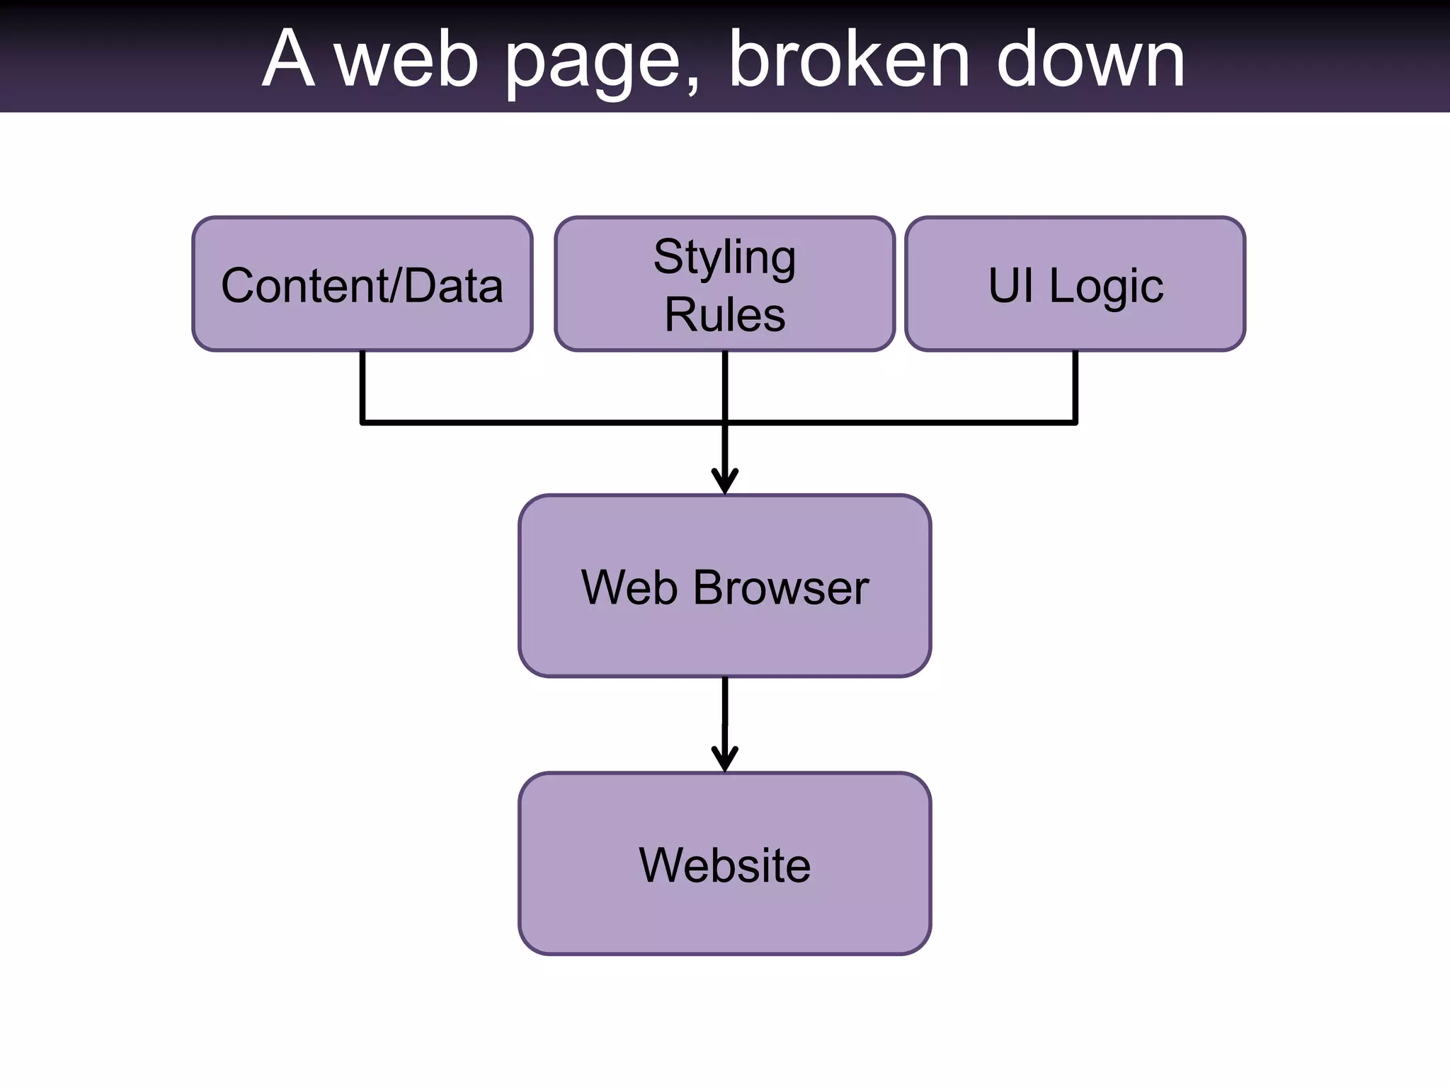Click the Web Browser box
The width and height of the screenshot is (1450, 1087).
click(724, 586)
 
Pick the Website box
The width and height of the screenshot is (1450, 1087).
click(724, 864)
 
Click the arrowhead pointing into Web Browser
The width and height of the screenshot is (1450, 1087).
click(724, 482)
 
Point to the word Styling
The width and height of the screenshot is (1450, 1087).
click(724, 258)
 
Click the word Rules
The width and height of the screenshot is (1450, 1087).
click(724, 314)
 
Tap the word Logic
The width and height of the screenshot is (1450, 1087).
click(1106, 286)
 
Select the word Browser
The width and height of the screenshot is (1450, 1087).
click(780, 587)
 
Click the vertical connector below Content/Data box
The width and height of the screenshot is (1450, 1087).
click(362, 386)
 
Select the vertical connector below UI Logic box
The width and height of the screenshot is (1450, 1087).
click(1075, 386)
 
